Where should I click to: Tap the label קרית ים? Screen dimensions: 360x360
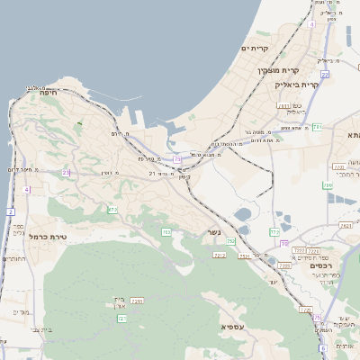(256, 47)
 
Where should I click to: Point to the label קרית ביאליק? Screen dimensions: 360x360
(298, 84)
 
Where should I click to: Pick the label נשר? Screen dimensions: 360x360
(209, 231)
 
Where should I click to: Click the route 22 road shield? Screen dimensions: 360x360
(325, 75)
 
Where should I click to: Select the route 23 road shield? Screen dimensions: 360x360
(66, 172)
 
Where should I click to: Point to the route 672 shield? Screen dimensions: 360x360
(112, 210)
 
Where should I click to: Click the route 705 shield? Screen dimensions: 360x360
(166, 232)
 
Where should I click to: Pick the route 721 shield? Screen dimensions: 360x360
(121, 318)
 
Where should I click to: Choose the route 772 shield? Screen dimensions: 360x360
(274, 231)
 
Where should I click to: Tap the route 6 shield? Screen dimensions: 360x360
(322, 347)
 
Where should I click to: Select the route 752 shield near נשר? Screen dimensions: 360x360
(230, 241)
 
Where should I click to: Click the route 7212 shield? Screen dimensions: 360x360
(220, 256)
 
